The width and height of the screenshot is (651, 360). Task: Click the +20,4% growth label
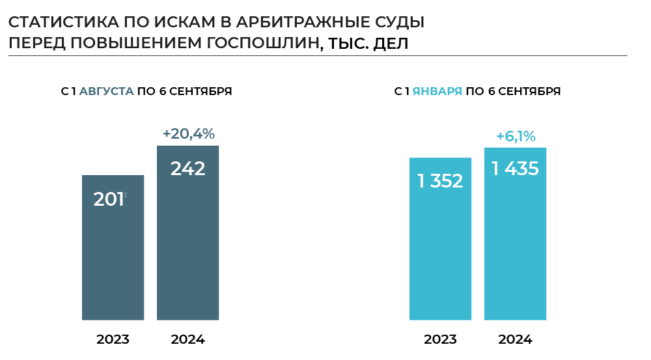[x=188, y=134]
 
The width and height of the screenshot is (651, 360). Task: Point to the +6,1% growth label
[x=516, y=136]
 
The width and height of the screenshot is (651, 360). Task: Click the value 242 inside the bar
[x=187, y=169]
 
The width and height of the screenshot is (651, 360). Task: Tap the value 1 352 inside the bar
[x=440, y=181]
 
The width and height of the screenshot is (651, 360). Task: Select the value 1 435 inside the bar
[x=515, y=169]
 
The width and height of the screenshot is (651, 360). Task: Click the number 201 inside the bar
[x=109, y=199]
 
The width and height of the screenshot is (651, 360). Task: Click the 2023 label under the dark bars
[x=113, y=339]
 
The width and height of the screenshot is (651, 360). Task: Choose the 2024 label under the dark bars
[x=187, y=339]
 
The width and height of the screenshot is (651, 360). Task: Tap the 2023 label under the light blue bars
[x=440, y=339]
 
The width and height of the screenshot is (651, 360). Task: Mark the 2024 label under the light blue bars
[x=515, y=339]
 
